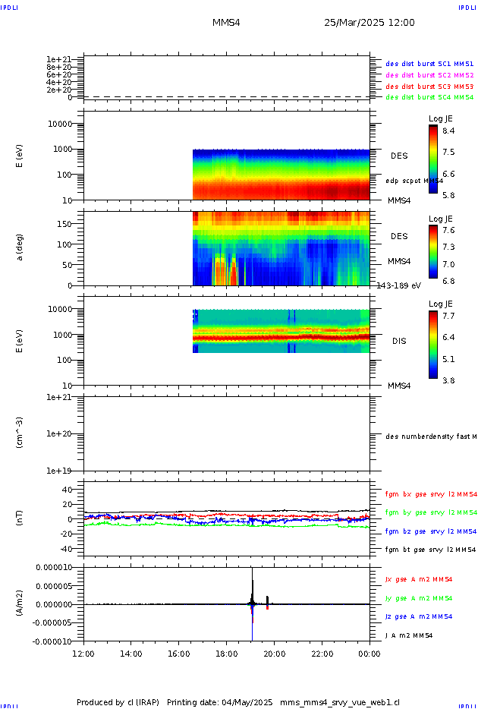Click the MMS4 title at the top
pyautogui.click(x=226, y=23)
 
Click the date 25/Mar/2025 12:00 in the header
pyautogui.click(x=369, y=23)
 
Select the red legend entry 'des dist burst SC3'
pyautogui.click(x=429, y=86)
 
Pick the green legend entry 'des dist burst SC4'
pyautogui.click(x=429, y=97)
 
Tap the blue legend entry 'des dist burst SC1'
pyautogui.click(x=429, y=64)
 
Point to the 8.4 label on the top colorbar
pyautogui.click(x=448, y=131)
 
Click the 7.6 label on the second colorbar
pyautogui.click(x=448, y=231)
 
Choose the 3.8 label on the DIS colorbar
pyautogui.click(x=448, y=381)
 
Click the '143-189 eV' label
pyautogui.click(x=398, y=286)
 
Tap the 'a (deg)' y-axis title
pyautogui.click(x=20, y=247)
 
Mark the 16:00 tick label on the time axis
pyautogui.click(x=179, y=653)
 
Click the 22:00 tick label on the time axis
pyautogui.click(x=322, y=653)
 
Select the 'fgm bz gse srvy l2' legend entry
pyautogui.click(x=429, y=531)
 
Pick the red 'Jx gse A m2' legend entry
pyautogui.click(x=429, y=579)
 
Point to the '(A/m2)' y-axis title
pyautogui.click(x=20, y=604)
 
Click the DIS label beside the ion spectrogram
pyautogui.click(x=398, y=341)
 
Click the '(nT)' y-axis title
pyautogui.click(x=20, y=519)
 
